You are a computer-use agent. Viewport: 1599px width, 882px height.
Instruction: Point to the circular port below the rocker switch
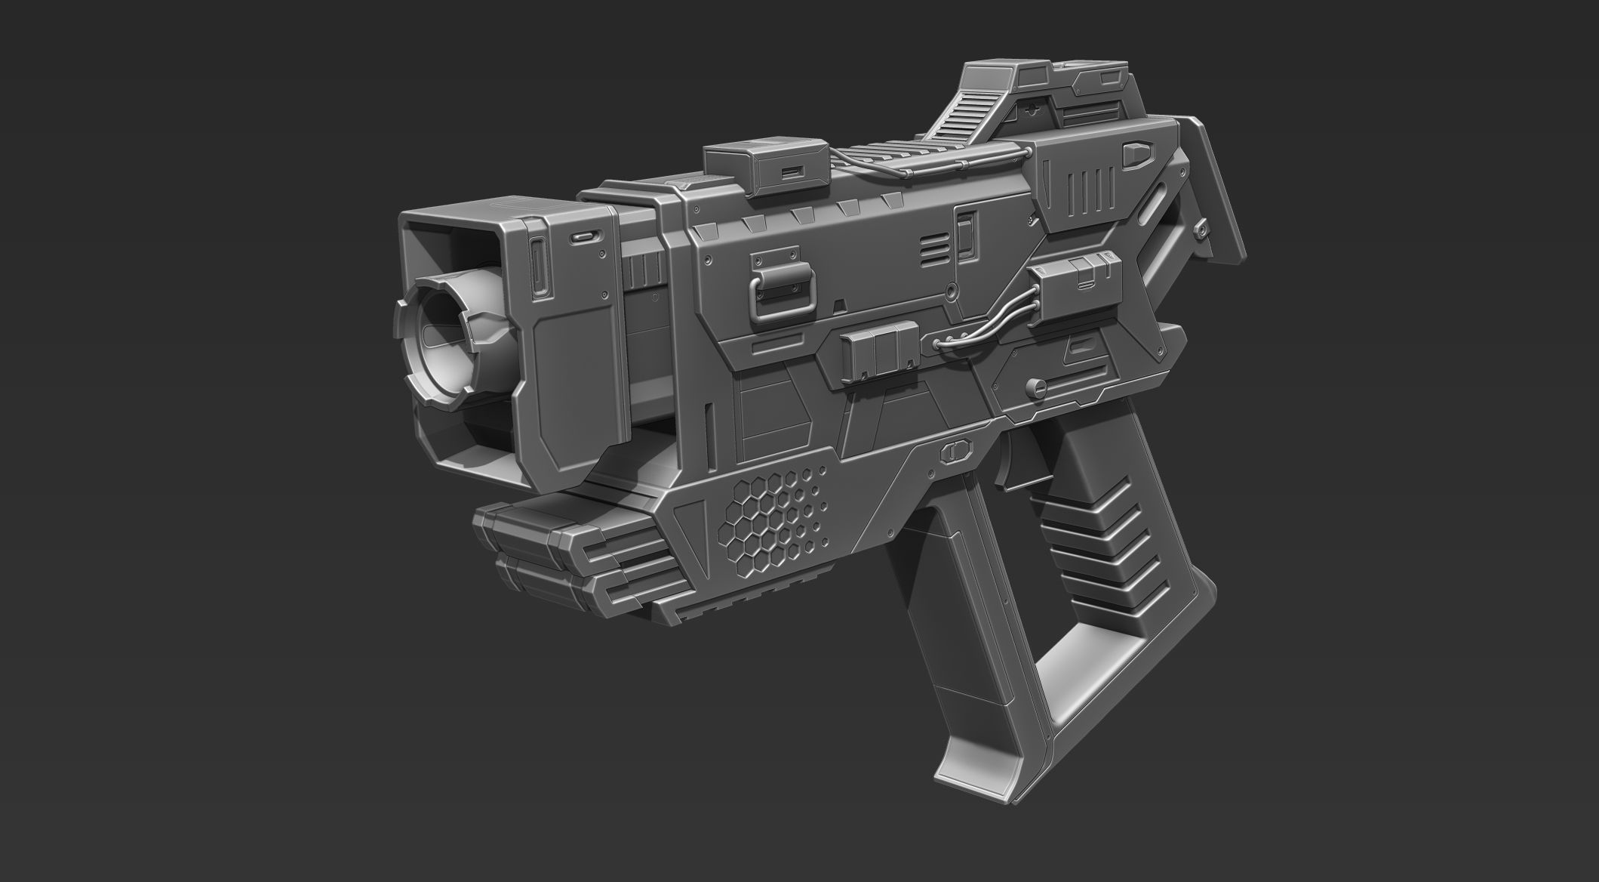[x=953, y=288]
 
